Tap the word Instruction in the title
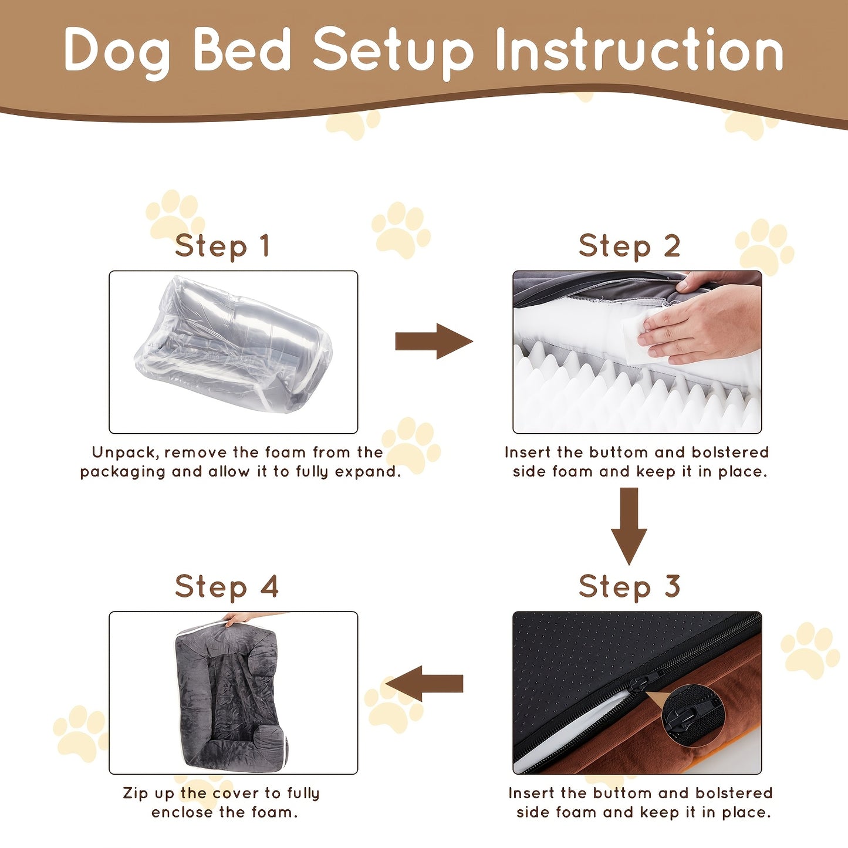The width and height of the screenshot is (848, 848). coord(639,51)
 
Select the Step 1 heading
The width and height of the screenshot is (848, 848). coord(222,246)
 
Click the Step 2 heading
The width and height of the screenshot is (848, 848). coord(629,246)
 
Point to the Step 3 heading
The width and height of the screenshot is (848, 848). coord(629,586)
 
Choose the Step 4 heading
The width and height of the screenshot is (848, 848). coord(227,586)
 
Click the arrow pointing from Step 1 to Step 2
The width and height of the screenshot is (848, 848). coord(433,341)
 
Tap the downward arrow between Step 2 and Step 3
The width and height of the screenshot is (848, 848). coord(629,526)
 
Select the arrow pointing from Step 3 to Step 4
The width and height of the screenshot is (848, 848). coord(425,684)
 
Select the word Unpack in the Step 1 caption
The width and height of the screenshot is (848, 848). coord(124,452)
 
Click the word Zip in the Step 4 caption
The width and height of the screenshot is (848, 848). coord(136,793)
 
